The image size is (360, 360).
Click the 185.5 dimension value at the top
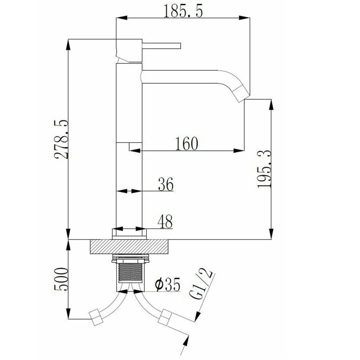[x=182, y=11]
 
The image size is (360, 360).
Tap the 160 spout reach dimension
[x=186, y=143]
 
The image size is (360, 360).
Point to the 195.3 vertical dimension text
[x=264, y=169]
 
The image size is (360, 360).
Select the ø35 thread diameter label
[x=166, y=285]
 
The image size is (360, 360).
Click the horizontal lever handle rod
[x=162, y=45]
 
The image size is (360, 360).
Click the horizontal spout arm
[x=188, y=77]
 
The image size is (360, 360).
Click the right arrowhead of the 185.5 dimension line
[x=246, y=18]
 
